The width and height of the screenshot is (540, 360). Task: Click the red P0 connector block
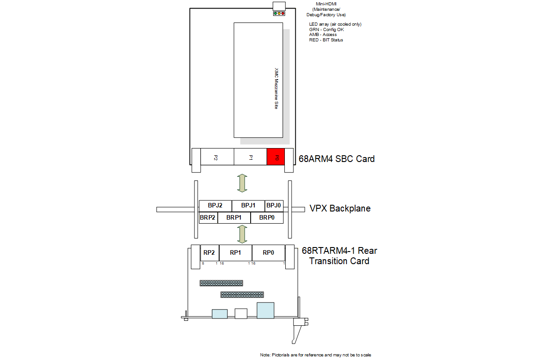click(x=275, y=157)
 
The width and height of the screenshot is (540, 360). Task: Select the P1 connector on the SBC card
click(x=250, y=157)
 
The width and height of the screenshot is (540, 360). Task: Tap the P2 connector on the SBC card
click(x=217, y=157)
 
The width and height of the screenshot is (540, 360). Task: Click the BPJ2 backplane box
click(x=215, y=206)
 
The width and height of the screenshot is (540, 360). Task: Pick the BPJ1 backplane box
click(x=248, y=206)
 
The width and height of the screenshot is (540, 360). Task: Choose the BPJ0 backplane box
click(x=274, y=206)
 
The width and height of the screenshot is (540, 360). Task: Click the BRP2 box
click(x=208, y=218)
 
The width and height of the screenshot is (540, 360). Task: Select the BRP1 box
click(x=234, y=218)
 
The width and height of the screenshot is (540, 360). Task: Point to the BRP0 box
click(x=267, y=218)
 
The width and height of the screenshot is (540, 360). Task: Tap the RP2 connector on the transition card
click(x=210, y=253)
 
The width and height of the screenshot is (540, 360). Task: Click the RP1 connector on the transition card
click(x=235, y=253)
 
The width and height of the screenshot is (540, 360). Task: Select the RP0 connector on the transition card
click(x=269, y=253)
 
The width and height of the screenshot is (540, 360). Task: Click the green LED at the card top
click(x=275, y=13)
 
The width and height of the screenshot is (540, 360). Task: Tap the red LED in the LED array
click(x=283, y=13)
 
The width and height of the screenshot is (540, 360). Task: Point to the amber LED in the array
click(x=279, y=13)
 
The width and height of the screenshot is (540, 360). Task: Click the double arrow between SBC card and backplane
click(x=242, y=183)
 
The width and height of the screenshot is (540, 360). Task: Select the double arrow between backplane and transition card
click(x=242, y=234)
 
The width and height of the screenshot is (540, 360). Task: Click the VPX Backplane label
click(x=340, y=208)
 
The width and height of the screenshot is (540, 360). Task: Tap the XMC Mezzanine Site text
click(x=276, y=89)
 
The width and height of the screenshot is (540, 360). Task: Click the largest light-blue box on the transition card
click(x=265, y=310)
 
